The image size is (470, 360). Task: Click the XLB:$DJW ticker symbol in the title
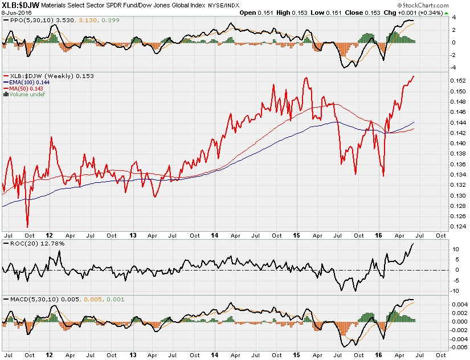[21, 6]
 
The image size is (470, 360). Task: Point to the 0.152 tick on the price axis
[457, 81]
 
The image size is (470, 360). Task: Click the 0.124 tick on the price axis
[457, 227]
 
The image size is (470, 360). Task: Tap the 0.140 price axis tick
[457, 144]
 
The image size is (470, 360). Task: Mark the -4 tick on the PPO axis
[455, 68]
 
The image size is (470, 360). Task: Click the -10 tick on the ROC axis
[456, 291]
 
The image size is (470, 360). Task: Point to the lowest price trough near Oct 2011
[27, 226]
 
